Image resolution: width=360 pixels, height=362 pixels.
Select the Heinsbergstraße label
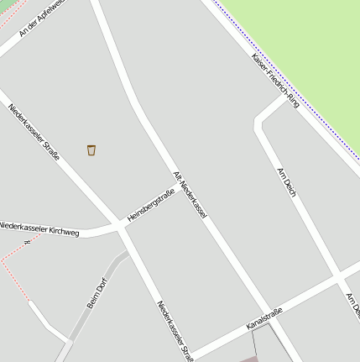151,206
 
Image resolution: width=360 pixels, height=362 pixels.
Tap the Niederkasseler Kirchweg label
39,228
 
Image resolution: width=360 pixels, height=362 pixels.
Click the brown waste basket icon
91,150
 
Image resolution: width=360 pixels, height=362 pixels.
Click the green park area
302,42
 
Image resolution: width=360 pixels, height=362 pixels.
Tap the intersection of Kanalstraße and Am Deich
338,275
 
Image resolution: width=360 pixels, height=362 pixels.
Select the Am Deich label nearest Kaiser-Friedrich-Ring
287,183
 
